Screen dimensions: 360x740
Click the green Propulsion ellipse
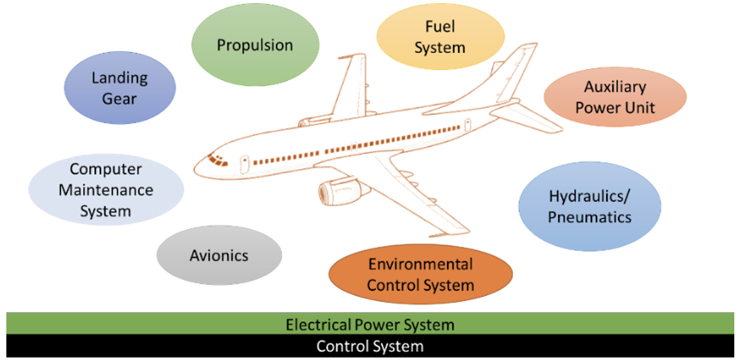click(x=254, y=46)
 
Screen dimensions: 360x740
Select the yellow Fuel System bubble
click(x=440, y=37)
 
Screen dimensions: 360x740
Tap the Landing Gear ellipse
click(x=120, y=88)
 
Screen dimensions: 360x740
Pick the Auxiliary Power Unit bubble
click(x=615, y=97)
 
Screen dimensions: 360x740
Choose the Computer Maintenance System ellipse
click(x=106, y=190)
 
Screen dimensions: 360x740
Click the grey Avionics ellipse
click(x=219, y=256)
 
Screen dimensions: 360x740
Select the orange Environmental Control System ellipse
click(x=420, y=274)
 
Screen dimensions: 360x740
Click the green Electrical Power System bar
click(x=370, y=324)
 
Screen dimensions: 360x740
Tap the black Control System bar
click(x=370, y=347)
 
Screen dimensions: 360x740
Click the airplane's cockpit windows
click(x=217, y=159)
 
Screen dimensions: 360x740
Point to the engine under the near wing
click(x=337, y=190)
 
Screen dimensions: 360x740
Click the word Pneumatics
click(x=589, y=217)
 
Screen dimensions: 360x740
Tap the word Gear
click(x=120, y=99)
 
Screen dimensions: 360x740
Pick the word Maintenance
click(x=106, y=190)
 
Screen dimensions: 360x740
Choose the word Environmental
click(x=420, y=264)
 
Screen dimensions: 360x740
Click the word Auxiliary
click(x=615, y=87)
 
